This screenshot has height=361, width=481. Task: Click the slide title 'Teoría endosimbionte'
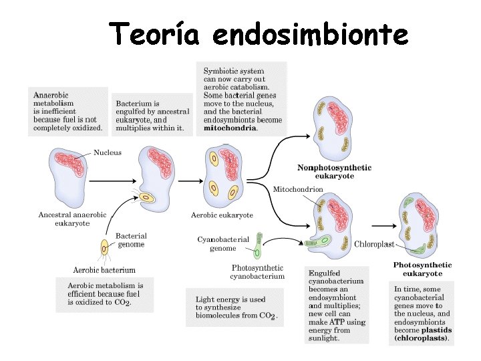(259, 33)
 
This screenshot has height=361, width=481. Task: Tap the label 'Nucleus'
(108, 152)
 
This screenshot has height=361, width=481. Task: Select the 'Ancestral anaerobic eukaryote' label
(72, 219)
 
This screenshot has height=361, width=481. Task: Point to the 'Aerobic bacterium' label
(104, 270)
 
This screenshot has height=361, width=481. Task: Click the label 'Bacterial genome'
(131, 240)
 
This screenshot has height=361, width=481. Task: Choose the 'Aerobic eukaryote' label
(222, 215)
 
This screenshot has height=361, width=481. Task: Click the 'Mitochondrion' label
(298, 190)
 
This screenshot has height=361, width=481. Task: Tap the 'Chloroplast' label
(374, 245)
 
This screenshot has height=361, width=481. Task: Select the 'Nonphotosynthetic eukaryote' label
(334, 171)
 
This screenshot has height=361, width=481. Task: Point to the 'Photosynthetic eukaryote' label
(422, 269)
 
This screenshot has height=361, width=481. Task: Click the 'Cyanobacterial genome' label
(222, 243)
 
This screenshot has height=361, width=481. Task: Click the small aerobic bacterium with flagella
(105, 248)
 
